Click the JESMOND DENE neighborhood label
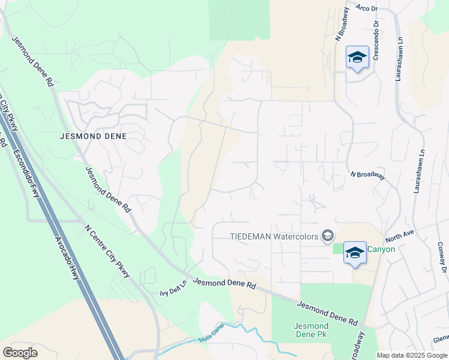click(94, 136)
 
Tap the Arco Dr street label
click(366, 8)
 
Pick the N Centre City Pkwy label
click(107, 251)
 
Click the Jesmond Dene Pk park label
click(310, 331)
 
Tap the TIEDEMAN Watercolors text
click(274, 236)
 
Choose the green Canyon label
click(381, 249)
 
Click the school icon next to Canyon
click(355, 252)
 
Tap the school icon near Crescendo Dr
click(357, 57)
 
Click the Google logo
click(20, 353)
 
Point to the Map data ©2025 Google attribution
click(412, 355)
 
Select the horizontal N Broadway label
click(367, 175)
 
